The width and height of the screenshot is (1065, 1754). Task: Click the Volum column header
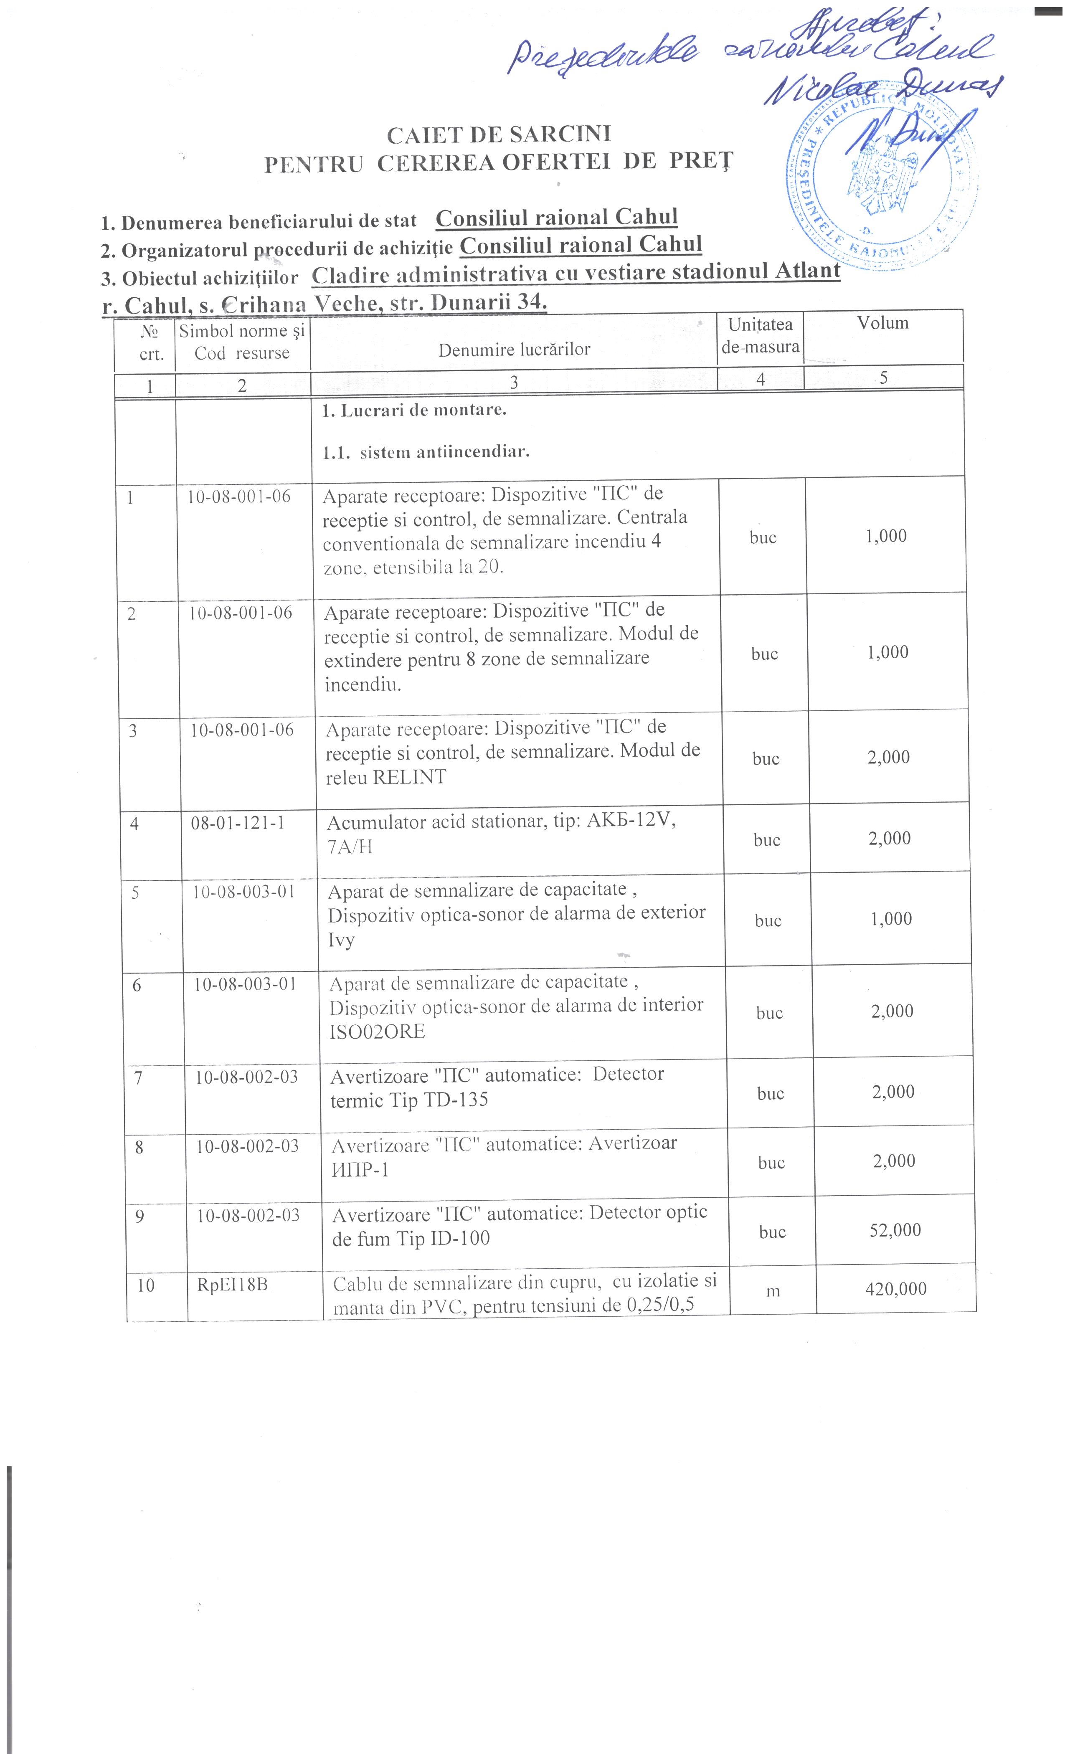[x=883, y=323]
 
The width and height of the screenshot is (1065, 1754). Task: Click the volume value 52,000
[x=895, y=1230]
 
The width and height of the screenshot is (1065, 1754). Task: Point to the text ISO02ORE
[x=377, y=1032]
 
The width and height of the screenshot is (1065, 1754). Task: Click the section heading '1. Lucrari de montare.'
[x=414, y=411]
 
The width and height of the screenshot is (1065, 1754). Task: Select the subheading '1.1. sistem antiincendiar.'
[x=426, y=452]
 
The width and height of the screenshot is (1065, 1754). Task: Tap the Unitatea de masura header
[x=760, y=335]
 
